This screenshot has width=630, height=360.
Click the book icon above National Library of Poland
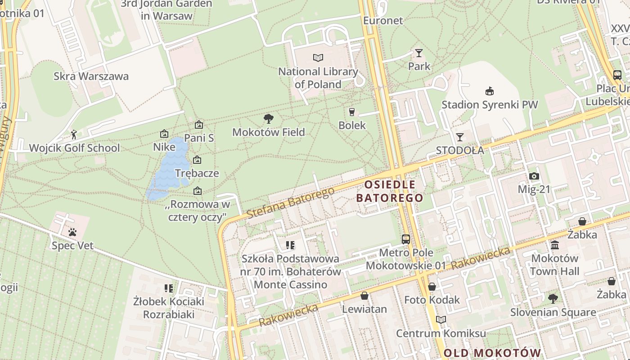(x=318, y=58)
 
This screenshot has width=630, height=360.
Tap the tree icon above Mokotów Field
(x=269, y=119)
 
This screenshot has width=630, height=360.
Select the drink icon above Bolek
(x=352, y=112)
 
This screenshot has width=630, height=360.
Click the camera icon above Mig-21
(x=534, y=176)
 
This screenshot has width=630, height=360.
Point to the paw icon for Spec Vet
(x=72, y=232)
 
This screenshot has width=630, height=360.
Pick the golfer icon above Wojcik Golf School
(x=74, y=134)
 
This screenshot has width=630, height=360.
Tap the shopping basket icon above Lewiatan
(x=364, y=296)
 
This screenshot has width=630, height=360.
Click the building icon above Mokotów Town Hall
(x=555, y=245)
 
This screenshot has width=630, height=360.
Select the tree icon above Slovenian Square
(x=553, y=298)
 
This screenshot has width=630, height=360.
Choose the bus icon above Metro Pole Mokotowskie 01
(x=406, y=239)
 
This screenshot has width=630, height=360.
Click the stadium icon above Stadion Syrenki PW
(x=489, y=91)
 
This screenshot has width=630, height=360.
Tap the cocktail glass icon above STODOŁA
(x=459, y=137)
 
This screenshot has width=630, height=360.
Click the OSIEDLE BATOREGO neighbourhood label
(x=390, y=191)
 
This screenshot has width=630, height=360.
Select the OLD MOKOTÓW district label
(x=492, y=352)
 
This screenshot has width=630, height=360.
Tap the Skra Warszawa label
(x=91, y=76)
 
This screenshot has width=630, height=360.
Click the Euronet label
(x=383, y=20)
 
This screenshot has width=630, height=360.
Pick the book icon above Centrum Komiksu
(x=441, y=319)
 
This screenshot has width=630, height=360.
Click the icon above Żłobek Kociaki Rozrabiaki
(x=169, y=288)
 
